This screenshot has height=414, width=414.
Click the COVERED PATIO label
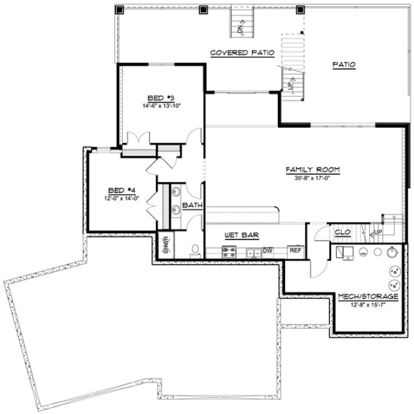pos(243,52)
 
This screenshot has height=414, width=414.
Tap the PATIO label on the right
pos(344,64)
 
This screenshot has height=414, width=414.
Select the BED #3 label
pos(160,98)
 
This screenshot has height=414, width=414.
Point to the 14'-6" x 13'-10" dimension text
pos(161,105)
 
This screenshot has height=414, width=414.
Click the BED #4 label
pos(121,190)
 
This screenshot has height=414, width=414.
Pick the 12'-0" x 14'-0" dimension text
pos(121,198)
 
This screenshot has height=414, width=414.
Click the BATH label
pos(192,205)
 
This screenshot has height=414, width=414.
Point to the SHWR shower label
pos(166,242)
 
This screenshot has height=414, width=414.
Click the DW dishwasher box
pos(268,251)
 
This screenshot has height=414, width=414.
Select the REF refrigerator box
pos(294,251)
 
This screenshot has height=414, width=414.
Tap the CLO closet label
pos(342,232)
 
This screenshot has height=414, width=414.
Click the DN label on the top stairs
pos(239,27)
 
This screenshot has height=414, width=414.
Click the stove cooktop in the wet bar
pos(229,252)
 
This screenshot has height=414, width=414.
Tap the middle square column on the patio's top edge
pos(203,9)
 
